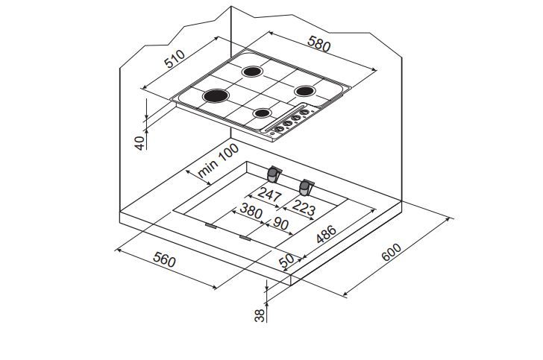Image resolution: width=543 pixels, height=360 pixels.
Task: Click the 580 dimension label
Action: coord(318,45)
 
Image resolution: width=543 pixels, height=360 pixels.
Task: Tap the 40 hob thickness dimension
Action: coord(139,142)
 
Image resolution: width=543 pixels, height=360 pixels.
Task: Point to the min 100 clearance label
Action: coord(219,161)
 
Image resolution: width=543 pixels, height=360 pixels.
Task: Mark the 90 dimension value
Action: coord(281,225)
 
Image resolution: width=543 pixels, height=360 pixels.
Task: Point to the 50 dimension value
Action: coord(286,262)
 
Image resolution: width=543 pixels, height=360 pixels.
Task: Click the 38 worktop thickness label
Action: coord(259,315)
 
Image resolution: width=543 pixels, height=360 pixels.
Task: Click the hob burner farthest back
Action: coord(254,72)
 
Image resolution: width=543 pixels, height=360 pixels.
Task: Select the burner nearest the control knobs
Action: coord(263,113)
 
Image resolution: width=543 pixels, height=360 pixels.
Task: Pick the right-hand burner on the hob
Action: coord(305,91)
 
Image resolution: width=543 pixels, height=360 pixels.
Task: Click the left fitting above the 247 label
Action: coord(274,175)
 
